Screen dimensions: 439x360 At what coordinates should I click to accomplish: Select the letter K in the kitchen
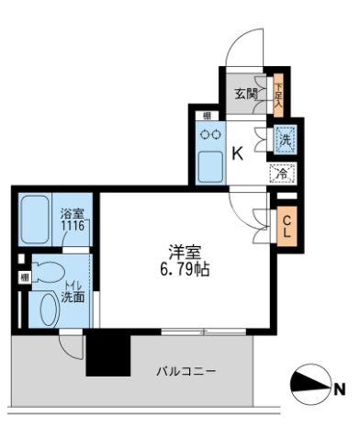coord(236,153)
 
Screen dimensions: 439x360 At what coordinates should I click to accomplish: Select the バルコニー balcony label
coord(187,372)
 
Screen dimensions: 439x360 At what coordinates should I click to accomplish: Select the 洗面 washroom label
coord(74,297)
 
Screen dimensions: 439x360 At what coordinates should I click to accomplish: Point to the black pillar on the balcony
coord(104,353)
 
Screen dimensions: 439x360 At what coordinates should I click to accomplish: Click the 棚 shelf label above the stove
coord(208,115)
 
